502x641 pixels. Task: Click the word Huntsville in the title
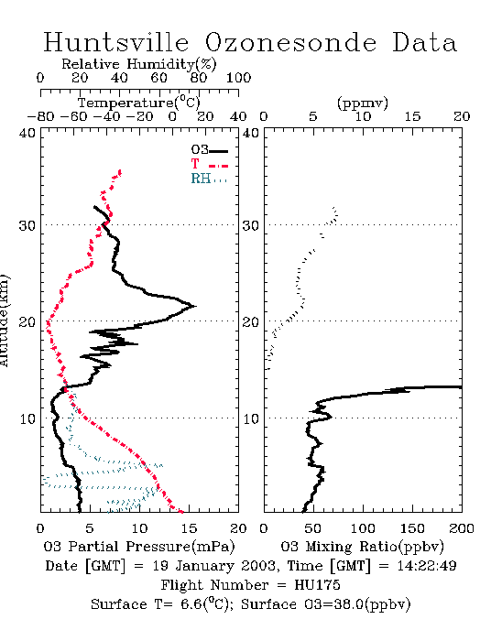tap(116, 42)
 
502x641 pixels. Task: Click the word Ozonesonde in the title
tap(289, 42)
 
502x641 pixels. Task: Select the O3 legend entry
tap(209, 150)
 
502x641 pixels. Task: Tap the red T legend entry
tap(209, 165)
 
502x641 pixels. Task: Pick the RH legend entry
tap(209, 179)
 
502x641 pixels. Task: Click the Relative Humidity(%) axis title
tap(139, 64)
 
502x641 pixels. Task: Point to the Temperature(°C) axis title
tap(139, 103)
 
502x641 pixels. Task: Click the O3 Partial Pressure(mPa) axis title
tap(139, 547)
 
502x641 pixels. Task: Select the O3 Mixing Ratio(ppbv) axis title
tap(362, 547)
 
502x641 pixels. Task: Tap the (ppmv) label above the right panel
tap(363, 103)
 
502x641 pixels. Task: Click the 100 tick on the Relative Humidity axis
tap(238, 77)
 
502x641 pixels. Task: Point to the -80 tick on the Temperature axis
tap(40, 116)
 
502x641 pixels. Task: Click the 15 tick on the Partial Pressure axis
tap(189, 528)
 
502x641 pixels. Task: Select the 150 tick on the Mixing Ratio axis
tap(412, 528)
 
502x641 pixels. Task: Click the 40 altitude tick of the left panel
tap(27, 134)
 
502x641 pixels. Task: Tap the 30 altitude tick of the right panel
tap(251, 225)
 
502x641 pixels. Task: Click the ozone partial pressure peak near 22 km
tap(195, 306)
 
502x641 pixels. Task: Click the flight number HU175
tap(317, 585)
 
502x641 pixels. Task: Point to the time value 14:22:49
tap(426, 566)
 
